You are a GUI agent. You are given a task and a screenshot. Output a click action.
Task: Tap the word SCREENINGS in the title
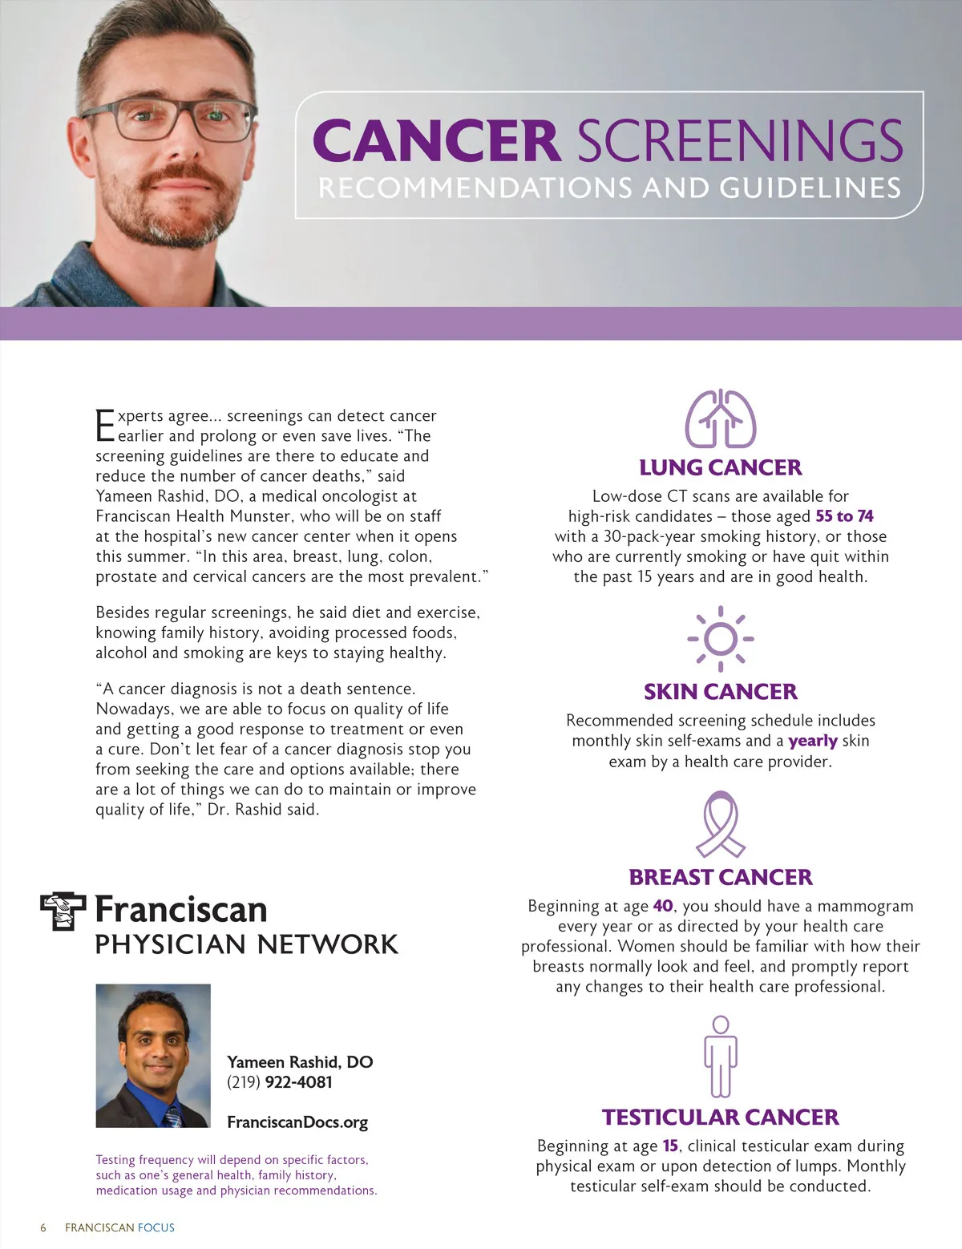coord(740,141)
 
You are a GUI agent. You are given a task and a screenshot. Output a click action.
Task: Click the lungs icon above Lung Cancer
coord(720,418)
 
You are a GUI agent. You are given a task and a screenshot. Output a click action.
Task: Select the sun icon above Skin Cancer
coord(720,639)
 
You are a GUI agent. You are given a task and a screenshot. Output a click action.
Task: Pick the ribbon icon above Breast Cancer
coord(720,824)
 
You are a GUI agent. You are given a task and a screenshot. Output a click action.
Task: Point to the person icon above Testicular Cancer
coord(721,1057)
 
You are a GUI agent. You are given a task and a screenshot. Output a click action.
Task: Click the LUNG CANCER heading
coord(720,467)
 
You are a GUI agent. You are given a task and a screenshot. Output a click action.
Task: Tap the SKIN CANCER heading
coord(720,691)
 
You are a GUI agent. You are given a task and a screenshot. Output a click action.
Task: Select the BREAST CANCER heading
coord(720,877)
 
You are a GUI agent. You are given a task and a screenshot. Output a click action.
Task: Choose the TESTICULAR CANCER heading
coord(720,1117)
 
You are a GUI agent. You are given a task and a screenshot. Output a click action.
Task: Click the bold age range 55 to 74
coord(844,516)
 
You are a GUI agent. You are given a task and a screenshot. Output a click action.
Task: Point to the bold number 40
coord(663,906)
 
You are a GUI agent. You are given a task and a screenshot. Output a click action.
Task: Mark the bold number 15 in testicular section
coord(670,1146)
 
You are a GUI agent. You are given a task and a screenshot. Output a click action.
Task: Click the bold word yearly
coord(813,741)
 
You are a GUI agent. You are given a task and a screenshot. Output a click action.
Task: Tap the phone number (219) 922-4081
coord(279,1082)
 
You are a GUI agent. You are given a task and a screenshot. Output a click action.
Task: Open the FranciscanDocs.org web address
coord(297,1122)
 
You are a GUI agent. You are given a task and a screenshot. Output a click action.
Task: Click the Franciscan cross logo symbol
coord(63,911)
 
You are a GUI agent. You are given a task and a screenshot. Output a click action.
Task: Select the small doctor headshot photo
coord(153,1056)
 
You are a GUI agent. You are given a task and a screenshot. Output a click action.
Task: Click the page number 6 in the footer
coord(43,1227)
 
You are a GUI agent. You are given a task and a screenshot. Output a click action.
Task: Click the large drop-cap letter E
coord(105,426)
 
